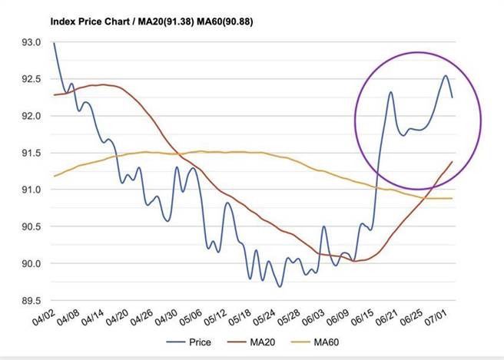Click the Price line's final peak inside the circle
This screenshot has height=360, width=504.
pos(445,76)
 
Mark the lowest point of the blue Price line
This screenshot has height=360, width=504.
pos(280,286)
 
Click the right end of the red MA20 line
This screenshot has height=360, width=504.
pos(452,162)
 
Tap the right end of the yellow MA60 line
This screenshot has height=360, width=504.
pos(452,198)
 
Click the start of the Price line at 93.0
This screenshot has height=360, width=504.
pos(54,43)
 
